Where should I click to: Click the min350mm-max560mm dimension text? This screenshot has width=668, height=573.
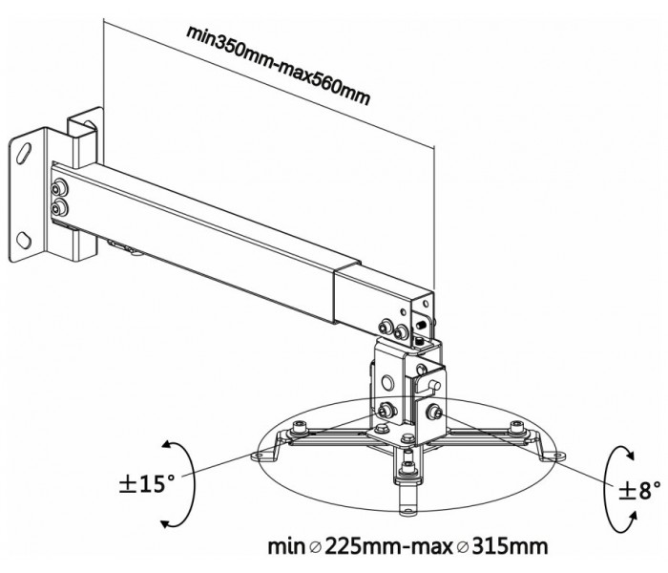279,65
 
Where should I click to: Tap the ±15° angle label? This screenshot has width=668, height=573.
147,484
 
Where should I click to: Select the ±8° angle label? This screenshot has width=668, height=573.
639,490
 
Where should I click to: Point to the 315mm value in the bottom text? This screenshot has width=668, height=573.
510,546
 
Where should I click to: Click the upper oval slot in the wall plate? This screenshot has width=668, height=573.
24,154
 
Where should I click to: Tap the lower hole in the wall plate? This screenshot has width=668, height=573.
24,241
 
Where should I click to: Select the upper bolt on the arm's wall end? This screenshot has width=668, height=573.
59,187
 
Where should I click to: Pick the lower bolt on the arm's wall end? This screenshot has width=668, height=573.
58,207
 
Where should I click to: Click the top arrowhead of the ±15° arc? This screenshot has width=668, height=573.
167,446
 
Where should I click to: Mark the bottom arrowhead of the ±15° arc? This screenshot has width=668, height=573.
167,522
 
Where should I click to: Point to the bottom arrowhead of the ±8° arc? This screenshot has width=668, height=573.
632,518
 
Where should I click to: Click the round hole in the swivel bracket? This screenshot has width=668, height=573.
387,382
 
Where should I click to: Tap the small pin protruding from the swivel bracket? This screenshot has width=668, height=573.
433,384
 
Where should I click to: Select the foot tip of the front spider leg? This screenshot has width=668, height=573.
407,510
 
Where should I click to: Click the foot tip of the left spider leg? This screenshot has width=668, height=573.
259,456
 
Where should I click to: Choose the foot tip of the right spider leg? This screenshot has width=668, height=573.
556,456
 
